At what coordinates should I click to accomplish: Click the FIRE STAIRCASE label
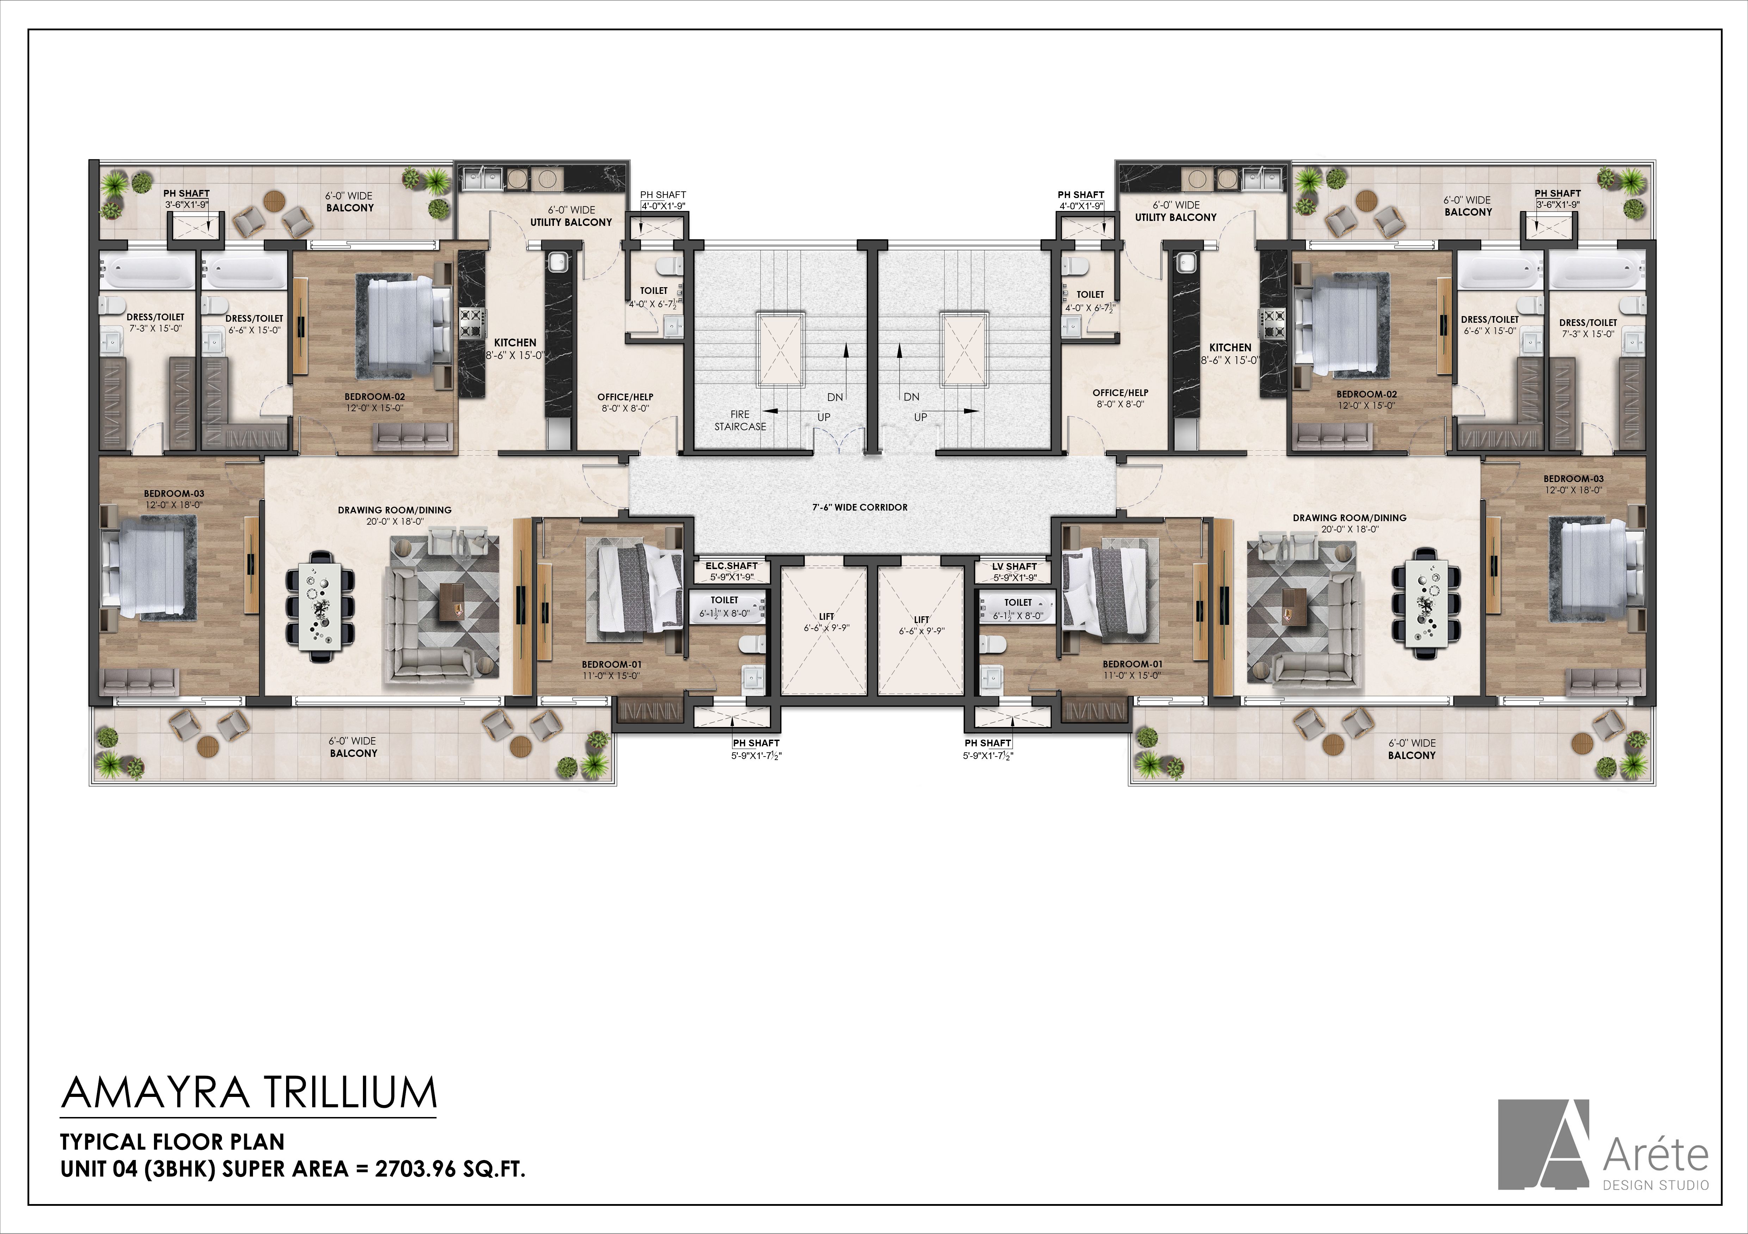[x=740, y=420]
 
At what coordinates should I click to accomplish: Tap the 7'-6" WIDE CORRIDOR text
[x=859, y=507]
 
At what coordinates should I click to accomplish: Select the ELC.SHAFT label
[x=731, y=566]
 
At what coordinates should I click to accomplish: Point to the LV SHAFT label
[x=1014, y=566]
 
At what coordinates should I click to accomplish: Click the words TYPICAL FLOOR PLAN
[x=172, y=1142]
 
